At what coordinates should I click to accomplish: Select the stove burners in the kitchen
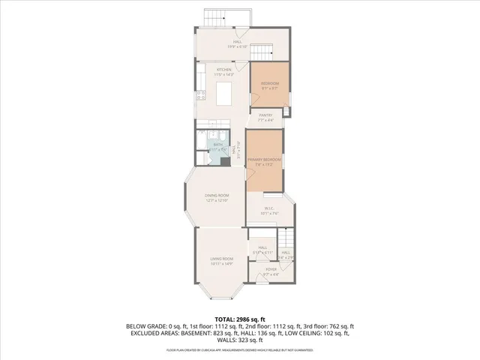(201, 94)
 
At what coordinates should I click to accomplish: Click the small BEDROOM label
(270, 82)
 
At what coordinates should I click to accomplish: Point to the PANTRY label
(265, 115)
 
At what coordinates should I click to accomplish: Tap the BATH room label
(218, 144)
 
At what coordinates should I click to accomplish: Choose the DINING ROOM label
(217, 196)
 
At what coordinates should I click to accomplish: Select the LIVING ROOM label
(222, 259)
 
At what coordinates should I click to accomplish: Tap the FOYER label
(271, 269)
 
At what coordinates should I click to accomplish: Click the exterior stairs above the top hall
(214, 18)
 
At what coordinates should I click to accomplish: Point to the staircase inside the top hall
(259, 52)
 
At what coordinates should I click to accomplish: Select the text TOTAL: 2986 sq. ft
(240, 319)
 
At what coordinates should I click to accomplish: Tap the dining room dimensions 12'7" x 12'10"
(217, 200)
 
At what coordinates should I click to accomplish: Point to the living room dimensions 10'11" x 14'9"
(222, 263)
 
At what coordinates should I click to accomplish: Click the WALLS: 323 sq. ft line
(240, 343)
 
